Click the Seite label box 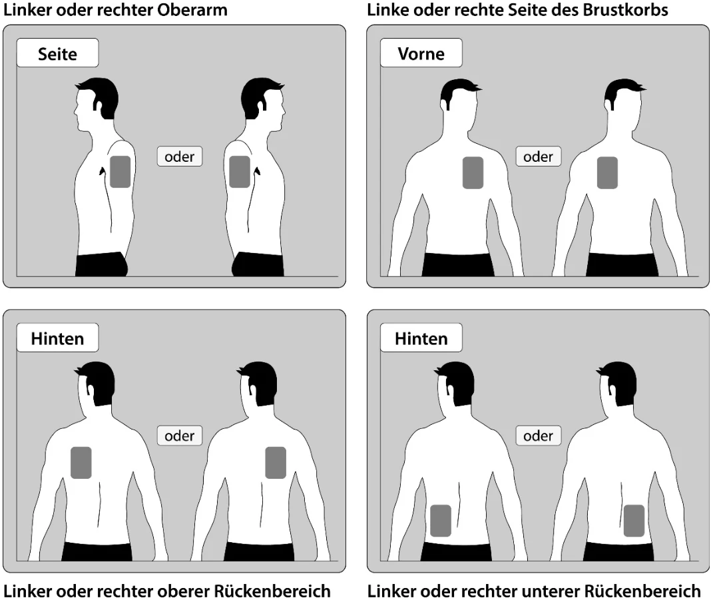[57, 53]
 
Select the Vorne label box [421, 53]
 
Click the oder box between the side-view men [180, 156]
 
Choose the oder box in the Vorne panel [539, 156]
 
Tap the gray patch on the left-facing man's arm [120, 172]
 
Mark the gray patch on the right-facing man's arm [240, 172]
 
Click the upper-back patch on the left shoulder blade [81, 463]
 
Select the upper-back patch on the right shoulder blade [276, 463]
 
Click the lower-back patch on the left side [441, 521]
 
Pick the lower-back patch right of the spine [634, 521]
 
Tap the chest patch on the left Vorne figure [473, 173]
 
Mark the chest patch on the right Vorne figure [607, 173]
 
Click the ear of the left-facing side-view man [97, 105]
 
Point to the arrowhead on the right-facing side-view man [258, 171]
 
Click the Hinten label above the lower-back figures [421, 338]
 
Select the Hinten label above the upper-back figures [57, 338]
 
